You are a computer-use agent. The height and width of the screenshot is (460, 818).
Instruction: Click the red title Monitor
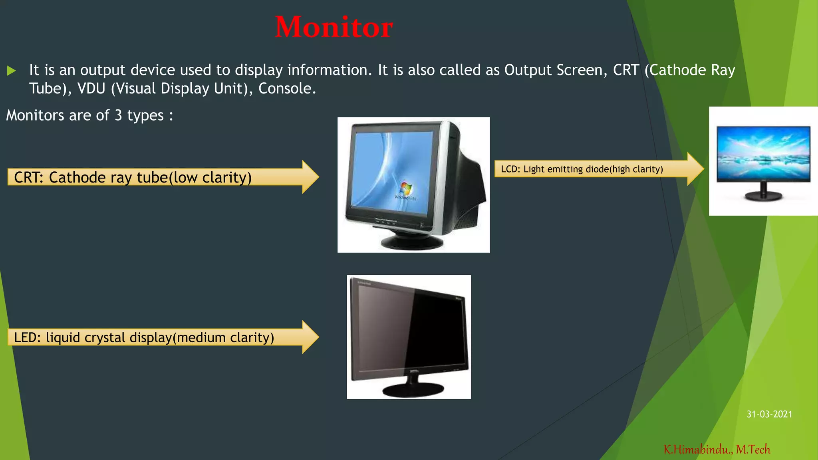coord(334,27)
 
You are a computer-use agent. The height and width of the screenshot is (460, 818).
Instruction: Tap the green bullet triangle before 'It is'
coord(11,71)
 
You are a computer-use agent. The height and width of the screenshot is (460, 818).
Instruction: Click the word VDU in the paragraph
coord(91,89)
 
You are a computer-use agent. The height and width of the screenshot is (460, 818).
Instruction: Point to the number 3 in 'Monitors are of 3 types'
coord(118,115)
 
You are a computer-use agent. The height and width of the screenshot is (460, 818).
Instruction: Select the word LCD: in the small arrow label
coord(510,169)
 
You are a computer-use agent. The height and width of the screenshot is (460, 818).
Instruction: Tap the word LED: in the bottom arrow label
coord(27,338)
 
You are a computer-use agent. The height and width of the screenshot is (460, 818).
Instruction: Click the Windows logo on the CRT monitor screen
coord(406,188)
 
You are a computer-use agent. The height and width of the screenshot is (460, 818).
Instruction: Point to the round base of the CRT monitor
coord(411,242)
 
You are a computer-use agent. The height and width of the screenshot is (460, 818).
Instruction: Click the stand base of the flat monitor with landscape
coord(763,196)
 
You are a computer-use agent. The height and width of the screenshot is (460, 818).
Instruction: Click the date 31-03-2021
coord(769,414)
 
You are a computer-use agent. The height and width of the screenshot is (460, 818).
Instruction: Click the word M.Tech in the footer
coord(753,450)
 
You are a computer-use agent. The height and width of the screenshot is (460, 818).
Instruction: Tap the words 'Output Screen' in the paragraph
coord(556,70)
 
